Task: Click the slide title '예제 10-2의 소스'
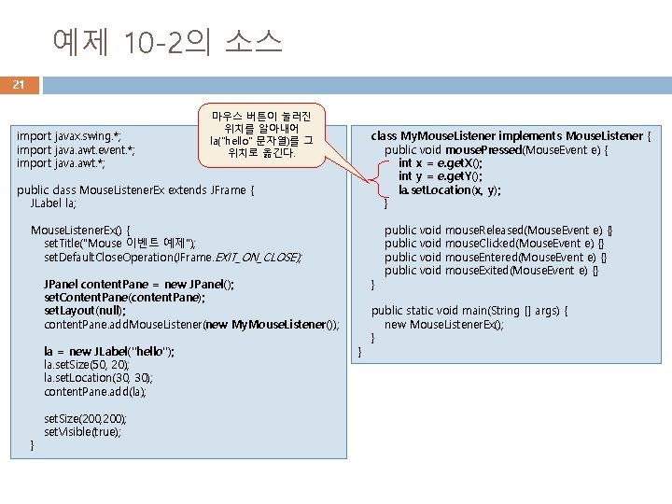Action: [167, 41]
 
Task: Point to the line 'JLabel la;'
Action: [54, 203]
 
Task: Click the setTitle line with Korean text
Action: [120, 243]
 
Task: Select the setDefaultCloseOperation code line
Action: [174, 257]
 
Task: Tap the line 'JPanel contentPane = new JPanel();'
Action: [139, 284]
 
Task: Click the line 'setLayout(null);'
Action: [85, 311]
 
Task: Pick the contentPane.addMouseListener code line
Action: [191, 325]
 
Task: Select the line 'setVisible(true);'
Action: [83, 432]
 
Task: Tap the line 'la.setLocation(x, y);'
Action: [450, 189]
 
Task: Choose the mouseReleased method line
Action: [498, 230]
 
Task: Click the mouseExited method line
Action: [491, 271]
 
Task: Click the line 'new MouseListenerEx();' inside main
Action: [444, 325]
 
